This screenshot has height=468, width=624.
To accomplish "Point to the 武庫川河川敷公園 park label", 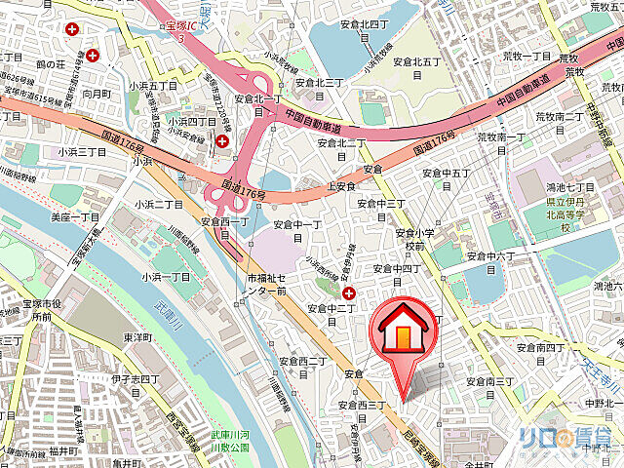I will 231,441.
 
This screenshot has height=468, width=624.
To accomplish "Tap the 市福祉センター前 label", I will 266,285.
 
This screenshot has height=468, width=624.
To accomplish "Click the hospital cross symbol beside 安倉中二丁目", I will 349,292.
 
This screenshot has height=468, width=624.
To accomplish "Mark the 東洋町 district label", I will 136,337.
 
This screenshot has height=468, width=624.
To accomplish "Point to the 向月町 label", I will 97,94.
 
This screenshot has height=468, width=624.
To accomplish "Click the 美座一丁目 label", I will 74,216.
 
